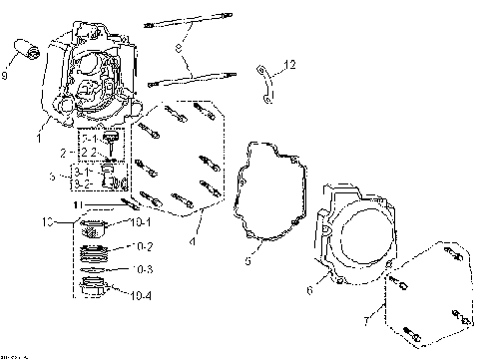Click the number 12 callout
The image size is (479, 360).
[x=288, y=66]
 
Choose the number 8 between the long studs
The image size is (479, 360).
[x=177, y=47]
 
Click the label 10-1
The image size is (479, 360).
[x=139, y=221]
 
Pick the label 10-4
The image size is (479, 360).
[x=139, y=294]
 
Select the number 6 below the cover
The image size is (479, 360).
[x=309, y=291]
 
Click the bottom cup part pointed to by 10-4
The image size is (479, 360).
[x=97, y=291]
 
